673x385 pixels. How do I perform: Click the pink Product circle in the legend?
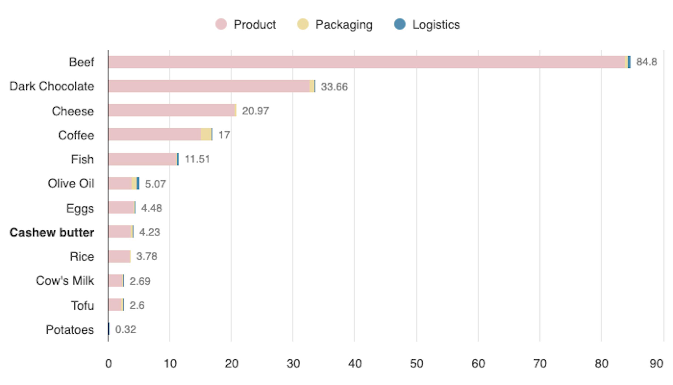point(221,24)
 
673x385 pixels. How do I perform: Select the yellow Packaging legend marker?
point(303,24)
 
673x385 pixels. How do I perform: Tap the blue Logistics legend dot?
point(400,24)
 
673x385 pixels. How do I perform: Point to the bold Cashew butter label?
point(52,232)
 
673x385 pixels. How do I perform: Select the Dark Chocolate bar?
point(209,86)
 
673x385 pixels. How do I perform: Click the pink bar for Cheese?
point(172,110)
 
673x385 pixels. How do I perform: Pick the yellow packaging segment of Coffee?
point(206,134)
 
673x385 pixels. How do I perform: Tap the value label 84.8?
point(646,62)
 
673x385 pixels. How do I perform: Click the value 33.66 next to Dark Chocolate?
point(334,87)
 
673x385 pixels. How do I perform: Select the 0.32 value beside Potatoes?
point(126,330)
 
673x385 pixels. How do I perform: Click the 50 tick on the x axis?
point(416,364)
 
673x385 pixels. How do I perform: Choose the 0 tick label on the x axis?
point(108,364)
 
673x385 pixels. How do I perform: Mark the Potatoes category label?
point(70,330)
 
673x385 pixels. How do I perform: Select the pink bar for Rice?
point(119,257)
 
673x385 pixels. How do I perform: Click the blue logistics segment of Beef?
point(629,62)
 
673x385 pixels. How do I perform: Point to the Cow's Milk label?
point(65,281)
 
